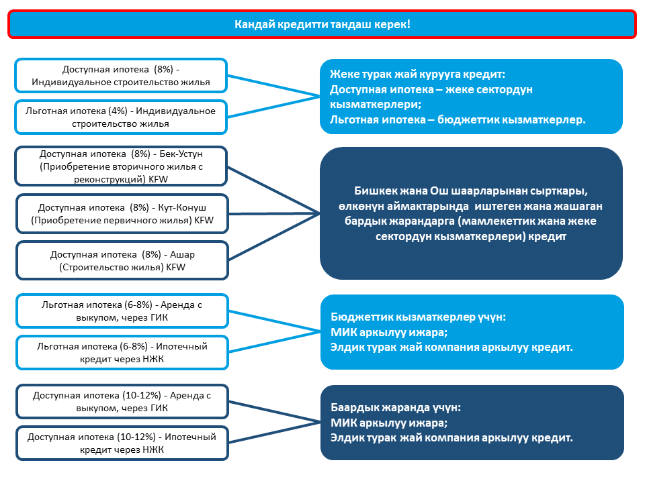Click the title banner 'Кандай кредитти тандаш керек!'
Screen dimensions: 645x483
coord(322,24)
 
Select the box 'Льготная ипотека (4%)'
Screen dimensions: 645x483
coord(121,117)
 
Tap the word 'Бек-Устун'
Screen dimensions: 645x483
coord(181,154)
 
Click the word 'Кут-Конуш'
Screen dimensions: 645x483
coord(182,208)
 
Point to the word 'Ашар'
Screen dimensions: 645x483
coord(182,255)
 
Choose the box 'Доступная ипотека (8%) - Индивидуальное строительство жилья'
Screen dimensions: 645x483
coord(121,76)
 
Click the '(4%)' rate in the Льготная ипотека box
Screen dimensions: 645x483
coord(118,111)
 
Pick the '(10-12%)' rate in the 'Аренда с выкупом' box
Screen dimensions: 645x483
coord(142,396)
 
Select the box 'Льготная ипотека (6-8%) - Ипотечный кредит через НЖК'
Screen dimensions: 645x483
coord(122,353)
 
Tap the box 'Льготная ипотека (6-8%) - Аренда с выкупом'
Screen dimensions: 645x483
coord(122,311)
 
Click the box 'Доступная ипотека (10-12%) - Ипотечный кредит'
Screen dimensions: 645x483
coord(122,443)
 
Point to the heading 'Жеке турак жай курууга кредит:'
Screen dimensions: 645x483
coord(417,74)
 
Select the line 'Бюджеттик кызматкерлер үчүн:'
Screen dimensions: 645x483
coord(419,317)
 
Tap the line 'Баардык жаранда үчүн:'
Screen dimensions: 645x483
coord(396,407)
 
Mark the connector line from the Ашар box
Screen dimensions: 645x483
coord(274,237)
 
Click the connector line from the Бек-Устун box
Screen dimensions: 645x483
coord(273,190)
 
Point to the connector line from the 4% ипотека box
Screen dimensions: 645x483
coord(273,107)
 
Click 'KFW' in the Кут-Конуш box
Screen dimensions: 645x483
coord(204,221)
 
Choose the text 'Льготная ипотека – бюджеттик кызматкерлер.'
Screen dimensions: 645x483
coord(458,120)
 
